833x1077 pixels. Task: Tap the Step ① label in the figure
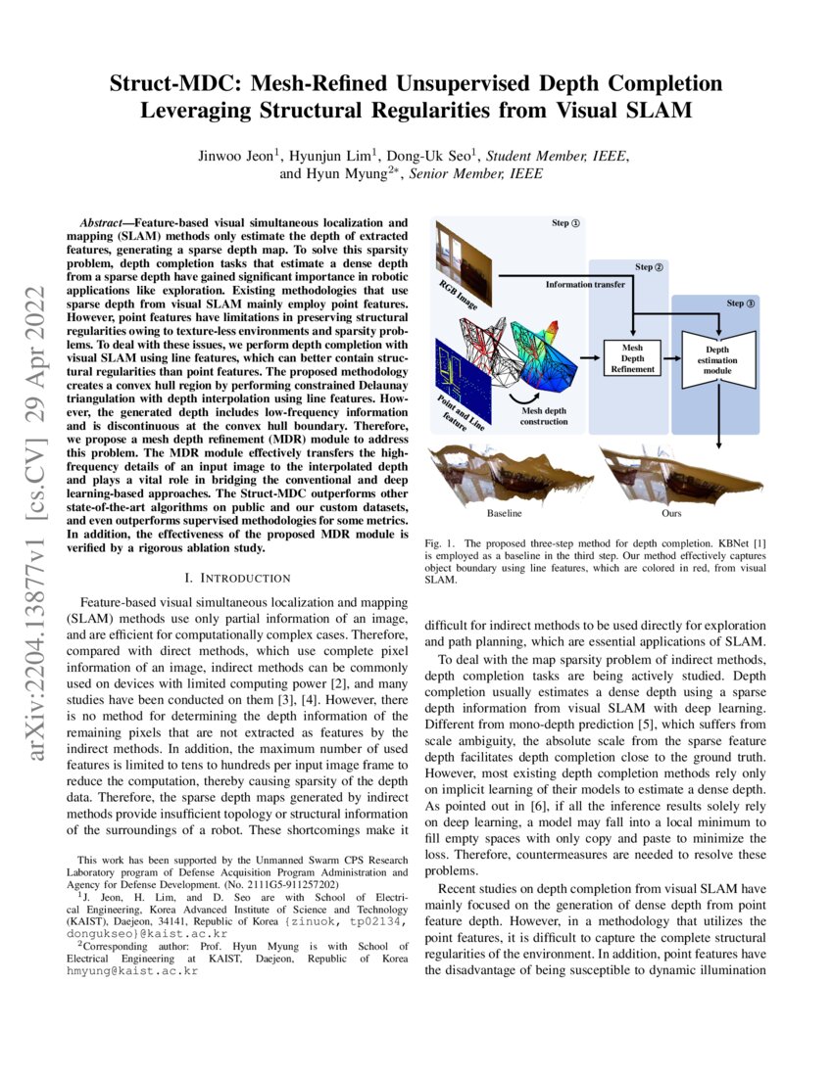click(x=565, y=223)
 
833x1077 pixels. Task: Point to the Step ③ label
click(x=741, y=304)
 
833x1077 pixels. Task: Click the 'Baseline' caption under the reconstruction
click(x=504, y=512)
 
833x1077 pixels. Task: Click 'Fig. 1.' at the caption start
click(x=440, y=542)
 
